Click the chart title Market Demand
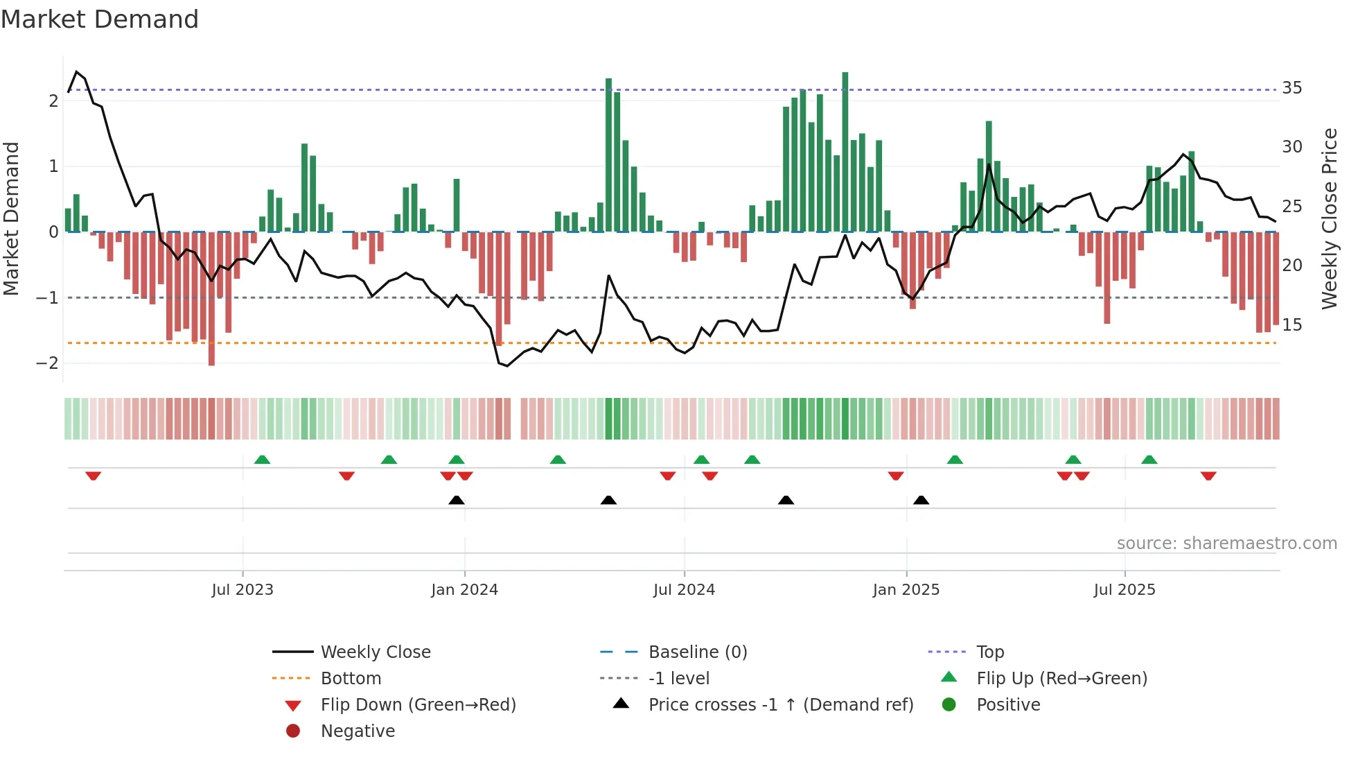100,19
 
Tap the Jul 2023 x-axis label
242,590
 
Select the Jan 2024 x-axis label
464,590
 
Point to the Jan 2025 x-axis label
906,590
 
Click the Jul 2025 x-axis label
1125,590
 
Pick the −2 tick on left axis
47,363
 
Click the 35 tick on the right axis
1291,88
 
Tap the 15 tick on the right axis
1291,325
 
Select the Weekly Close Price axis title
1329,218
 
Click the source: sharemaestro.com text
1226,544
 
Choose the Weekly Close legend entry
375,652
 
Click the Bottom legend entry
351,679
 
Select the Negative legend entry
358,731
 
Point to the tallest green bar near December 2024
845,153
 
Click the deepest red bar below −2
211,298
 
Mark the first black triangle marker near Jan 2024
456,500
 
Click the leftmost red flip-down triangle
93,476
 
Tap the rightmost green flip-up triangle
1149,460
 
